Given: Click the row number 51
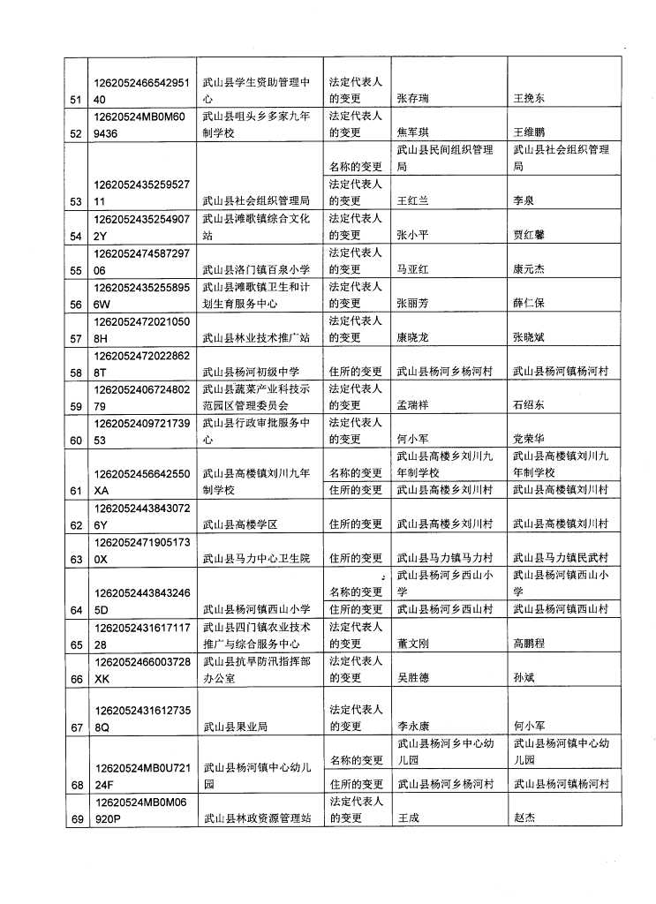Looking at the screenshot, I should point(75,100).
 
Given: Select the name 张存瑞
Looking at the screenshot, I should point(414,100).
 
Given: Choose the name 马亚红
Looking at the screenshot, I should point(414,269).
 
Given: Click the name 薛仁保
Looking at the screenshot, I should point(529,303).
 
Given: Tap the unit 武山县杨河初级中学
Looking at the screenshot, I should point(251,371).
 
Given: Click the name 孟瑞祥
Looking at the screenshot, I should point(414,405).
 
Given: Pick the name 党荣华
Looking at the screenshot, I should point(529,439).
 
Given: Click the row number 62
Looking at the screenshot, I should point(75,524).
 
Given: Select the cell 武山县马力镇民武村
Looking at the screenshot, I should point(561,558).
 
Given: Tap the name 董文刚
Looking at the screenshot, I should point(414,644).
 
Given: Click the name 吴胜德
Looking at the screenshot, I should point(414,678).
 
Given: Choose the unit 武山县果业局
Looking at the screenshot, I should point(235,727).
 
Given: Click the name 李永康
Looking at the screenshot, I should point(414,727).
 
